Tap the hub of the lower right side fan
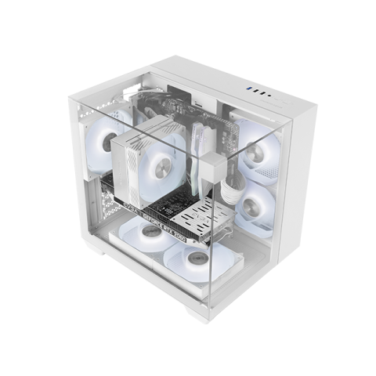click(x=253, y=209)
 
